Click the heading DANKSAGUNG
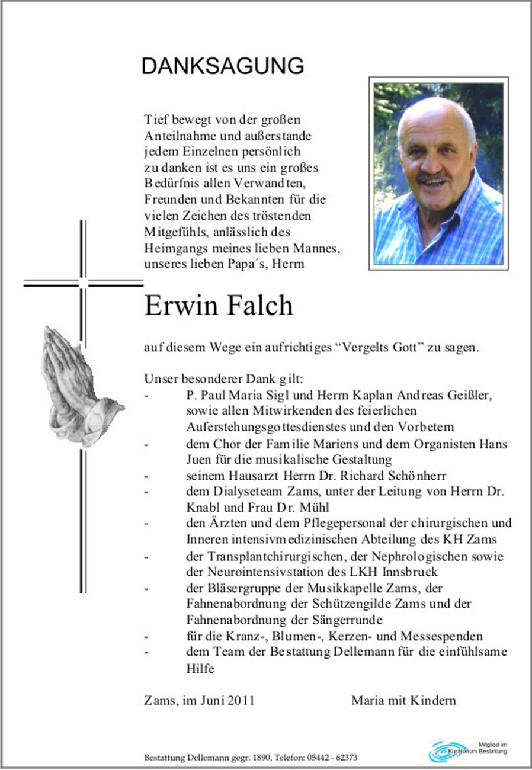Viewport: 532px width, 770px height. pyautogui.click(x=222, y=66)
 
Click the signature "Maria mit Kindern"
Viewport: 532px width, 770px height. pyautogui.click(x=403, y=700)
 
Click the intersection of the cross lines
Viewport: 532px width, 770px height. pyautogui.click(x=83, y=283)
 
